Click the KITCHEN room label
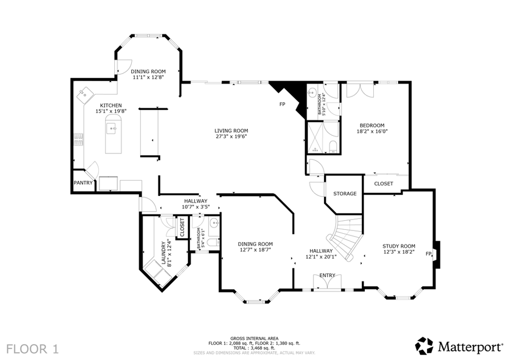tap(111, 105)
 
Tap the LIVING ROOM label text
tap(231, 130)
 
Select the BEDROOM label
tap(370, 125)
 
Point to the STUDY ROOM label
tap(399, 246)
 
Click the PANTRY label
tap(83, 183)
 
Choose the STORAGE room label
tap(344, 194)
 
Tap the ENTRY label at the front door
tap(327, 276)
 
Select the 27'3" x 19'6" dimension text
tap(231, 136)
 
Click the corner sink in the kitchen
tap(84, 93)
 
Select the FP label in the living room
tap(282, 105)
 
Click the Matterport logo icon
tap(424, 345)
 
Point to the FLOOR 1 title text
tap(32, 347)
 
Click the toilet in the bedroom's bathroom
tap(332, 147)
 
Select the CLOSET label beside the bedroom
tap(383, 183)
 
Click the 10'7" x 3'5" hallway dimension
tap(195, 207)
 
